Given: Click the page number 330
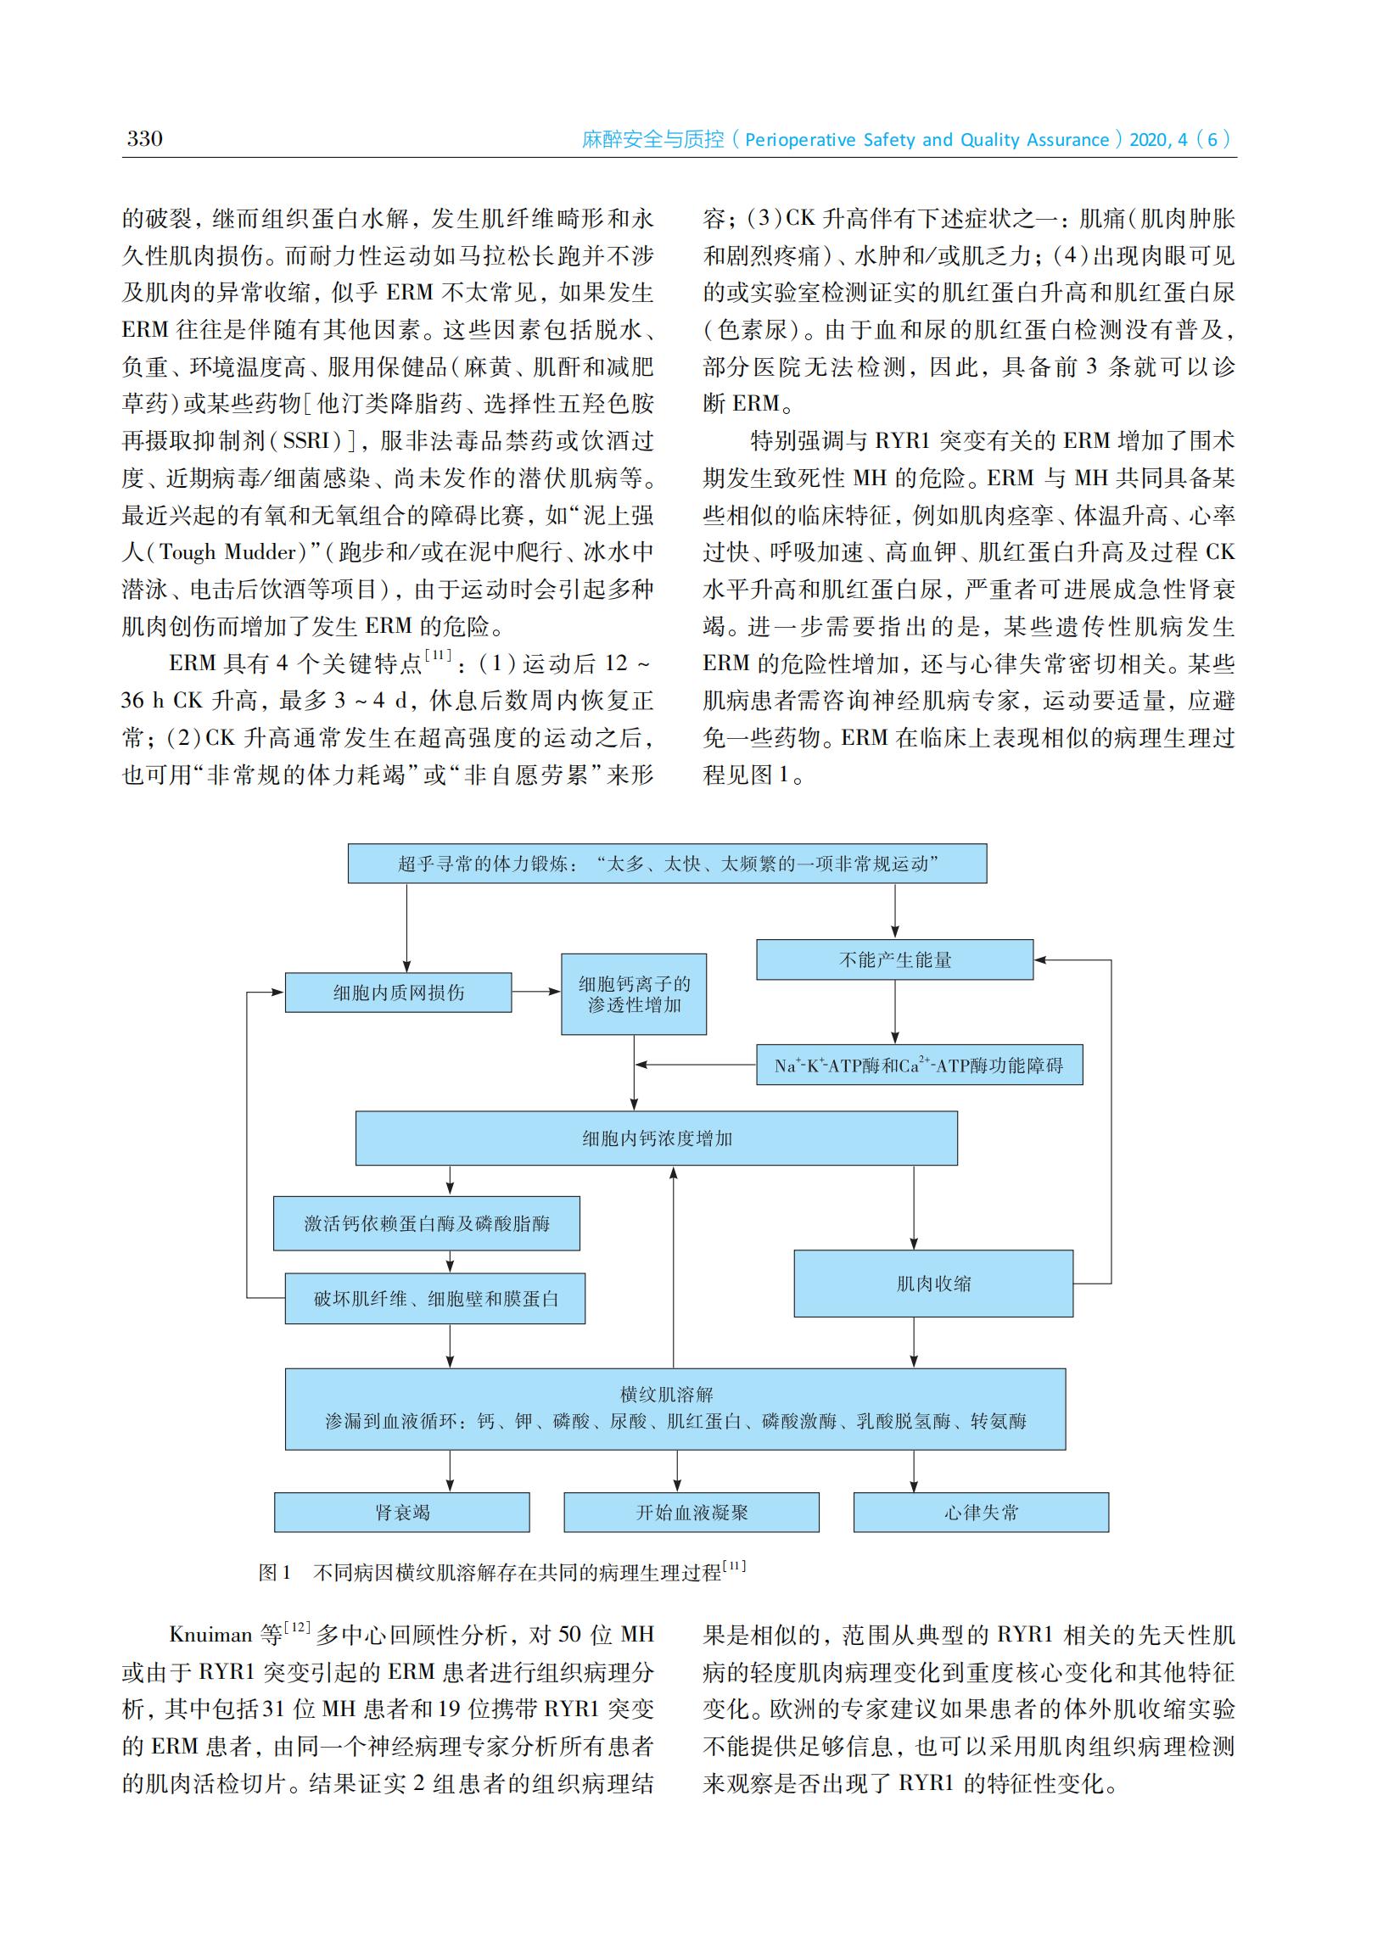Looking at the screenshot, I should pyautogui.click(x=144, y=139).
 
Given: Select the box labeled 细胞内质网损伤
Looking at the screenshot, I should pyautogui.click(x=398, y=993).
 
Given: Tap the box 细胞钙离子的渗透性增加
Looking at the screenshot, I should pyautogui.click(x=634, y=993).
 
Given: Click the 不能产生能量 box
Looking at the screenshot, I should pyautogui.click(x=894, y=959).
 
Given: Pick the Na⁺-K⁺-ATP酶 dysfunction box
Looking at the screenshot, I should pyautogui.click(x=919, y=1065).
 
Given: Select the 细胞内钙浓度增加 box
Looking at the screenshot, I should pyautogui.click(x=656, y=1138).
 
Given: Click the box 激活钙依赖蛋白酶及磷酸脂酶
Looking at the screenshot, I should pyautogui.click(x=426, y=1223).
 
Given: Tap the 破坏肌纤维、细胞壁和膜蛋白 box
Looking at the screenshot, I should pyautogui.click(x=434, y=1298).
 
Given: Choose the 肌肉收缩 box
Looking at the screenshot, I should pyautogui.click(x=932, y=1283).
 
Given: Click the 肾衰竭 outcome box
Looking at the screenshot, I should pyautogui.click(x=401, y=1513).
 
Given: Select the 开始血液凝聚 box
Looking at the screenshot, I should pyautogui.click(x=691, y=1513).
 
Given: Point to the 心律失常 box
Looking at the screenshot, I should pyautogui.click(x=980, y=1513).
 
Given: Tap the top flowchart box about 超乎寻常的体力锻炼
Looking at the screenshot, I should pyautogui.click(x=667, y=864).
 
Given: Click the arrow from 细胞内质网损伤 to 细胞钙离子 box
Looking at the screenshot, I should pyautogui.click(x=535, y=992).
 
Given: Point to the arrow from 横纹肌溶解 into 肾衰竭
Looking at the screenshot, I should pyautogui.click(x=450, y=1470).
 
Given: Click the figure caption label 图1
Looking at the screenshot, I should pyautogui.click(x=274, y=1572).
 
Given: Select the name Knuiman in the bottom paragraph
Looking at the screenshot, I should pyautogui.click(x=210, y=1635).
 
